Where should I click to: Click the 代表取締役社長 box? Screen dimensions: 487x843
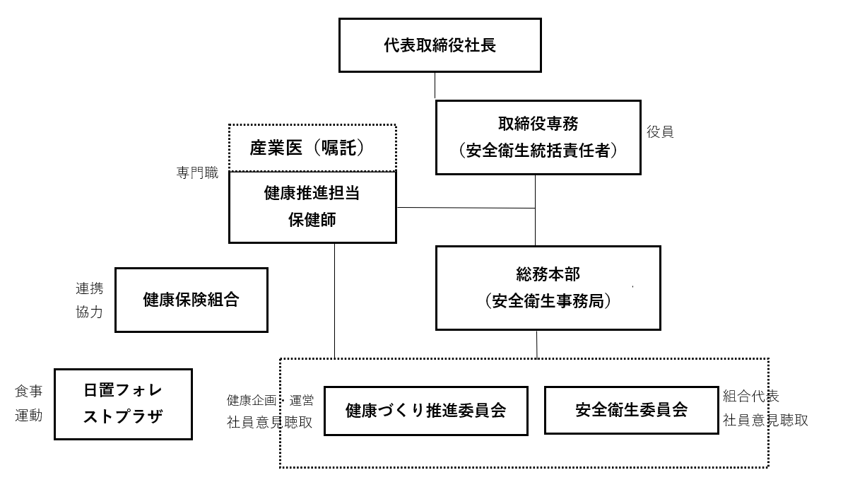click(x=440, y=45)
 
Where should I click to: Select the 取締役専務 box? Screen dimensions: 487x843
click(x=538, y=137)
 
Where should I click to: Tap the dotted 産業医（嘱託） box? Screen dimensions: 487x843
click(x=312, y=148)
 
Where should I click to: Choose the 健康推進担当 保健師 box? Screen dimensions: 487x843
click(x=312, y=206)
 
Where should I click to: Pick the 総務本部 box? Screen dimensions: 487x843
click(x=548, y=288)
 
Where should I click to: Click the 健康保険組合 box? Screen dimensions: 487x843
click(x=191, y=300)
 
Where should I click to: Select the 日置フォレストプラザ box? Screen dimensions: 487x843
click(x=123, y=404)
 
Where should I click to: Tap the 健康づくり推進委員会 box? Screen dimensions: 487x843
click(x=425, y=411)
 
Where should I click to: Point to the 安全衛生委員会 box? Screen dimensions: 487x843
click(x=631, y=410)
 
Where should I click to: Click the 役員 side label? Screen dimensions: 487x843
click(x=660, y=132)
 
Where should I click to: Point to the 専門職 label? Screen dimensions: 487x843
click(x=197, y=172)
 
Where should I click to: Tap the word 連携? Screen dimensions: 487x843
click(x=89, y=288)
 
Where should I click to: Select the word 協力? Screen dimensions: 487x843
click(x=89, y=312)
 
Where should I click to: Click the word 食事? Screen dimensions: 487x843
click(x=28, y=392)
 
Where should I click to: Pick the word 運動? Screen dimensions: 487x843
click(x=28, y=416)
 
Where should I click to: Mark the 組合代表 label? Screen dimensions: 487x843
click(x=750, y=397)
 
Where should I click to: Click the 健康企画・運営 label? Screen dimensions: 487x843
click(x=270, y=400)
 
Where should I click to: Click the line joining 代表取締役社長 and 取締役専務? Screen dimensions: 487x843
click(x=435, y=86)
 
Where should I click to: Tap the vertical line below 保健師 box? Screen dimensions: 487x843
click(x=334, y=300)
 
